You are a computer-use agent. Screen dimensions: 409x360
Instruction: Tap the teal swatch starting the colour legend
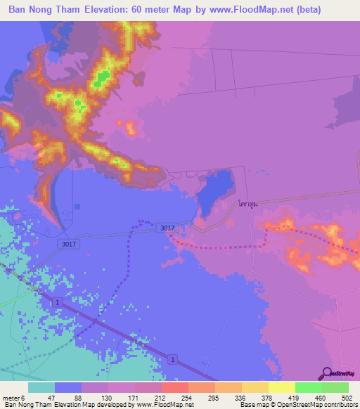41,387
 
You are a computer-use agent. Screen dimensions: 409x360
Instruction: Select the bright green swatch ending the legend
335,387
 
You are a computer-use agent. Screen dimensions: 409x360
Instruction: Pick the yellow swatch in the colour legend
281,387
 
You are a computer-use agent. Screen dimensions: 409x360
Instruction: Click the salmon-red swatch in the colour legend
174,387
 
